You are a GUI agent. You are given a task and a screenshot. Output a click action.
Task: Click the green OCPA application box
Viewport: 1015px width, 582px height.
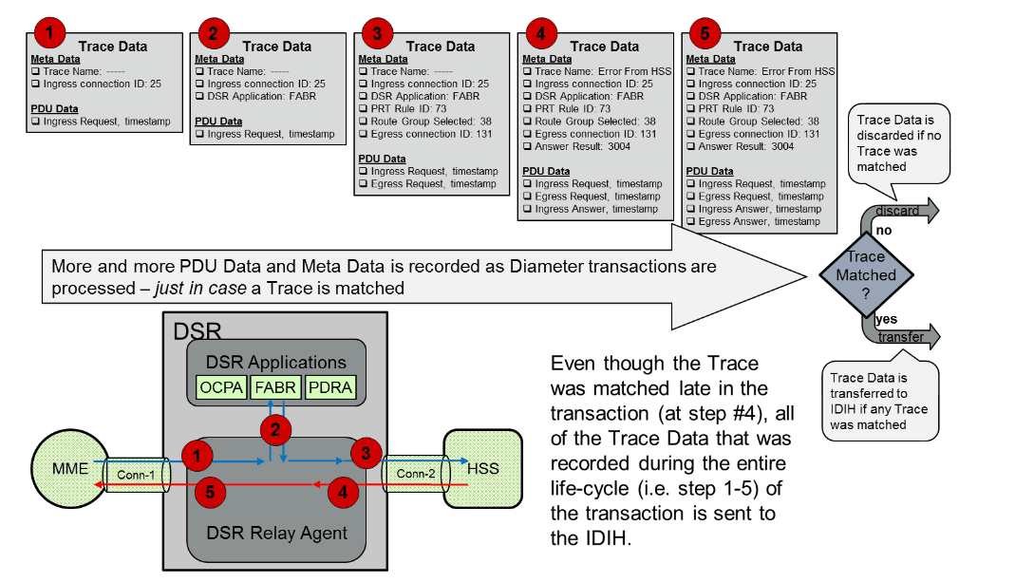pyautogui.click(x=221, y=387)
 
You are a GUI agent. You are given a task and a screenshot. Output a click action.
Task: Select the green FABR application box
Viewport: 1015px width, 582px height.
pyautogui.click(x=275, y=387)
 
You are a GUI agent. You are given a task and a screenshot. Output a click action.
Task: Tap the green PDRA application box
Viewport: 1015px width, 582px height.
pyautogui.click(x=329, y=387)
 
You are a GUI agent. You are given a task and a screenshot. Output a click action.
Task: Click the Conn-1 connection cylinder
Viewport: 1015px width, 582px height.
pyautogui.click(x=132, y=473)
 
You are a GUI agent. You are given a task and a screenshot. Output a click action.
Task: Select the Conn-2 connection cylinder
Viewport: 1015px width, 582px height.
pyautogui.click(x=416, y=473)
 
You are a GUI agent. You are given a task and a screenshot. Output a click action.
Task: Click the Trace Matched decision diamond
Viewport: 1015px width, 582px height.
pyautogui.click(x=865, y=275)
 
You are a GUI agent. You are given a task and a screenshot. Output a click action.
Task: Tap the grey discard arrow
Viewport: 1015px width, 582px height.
pyautogui.click(x=902, y=211)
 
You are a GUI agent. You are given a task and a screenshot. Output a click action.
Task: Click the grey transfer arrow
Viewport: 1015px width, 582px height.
pyautogui.click(x=905, y=336)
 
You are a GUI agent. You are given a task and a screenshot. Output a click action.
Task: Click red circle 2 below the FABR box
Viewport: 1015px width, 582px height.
pyautogui.click(x=275, y=430)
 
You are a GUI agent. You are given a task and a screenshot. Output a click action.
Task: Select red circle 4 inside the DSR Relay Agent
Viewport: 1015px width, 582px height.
pyautogui.click(x=343, y=492)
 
